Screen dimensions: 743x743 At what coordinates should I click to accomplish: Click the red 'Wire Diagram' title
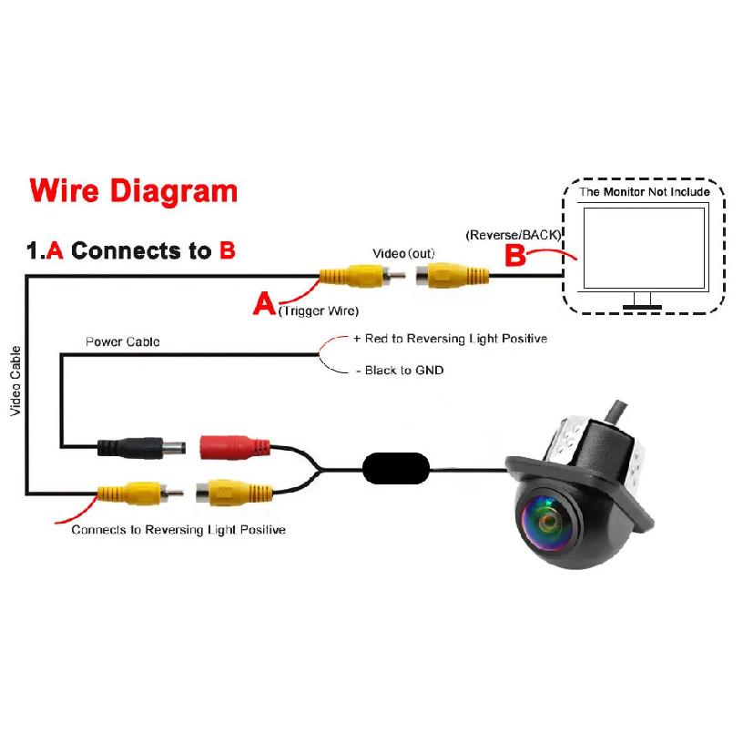133,191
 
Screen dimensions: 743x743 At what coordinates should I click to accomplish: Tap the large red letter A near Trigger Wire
264,303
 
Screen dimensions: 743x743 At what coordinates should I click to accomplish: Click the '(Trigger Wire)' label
319,310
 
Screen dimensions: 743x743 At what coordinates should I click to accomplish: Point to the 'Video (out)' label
403,253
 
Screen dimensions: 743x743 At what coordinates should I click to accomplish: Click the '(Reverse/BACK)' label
514,235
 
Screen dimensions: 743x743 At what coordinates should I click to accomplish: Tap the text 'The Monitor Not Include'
644,192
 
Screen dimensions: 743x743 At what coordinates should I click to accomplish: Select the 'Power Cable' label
123,341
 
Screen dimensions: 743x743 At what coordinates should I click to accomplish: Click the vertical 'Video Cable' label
15,381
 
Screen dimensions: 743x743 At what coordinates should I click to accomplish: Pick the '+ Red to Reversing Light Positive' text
450,339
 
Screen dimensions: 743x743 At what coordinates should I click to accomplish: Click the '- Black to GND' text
400,370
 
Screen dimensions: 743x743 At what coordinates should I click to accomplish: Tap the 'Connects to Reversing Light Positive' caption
178,529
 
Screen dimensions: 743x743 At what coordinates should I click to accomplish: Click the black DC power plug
141,448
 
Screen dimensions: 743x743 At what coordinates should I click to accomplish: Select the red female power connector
235,447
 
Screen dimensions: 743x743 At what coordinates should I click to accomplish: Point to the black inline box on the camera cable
396,469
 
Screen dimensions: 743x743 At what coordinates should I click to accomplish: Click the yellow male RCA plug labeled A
362,276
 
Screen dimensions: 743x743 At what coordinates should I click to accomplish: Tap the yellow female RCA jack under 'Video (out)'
452,276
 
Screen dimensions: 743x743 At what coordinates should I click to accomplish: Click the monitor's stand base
642,307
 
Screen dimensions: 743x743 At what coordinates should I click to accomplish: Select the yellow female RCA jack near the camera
234,493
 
